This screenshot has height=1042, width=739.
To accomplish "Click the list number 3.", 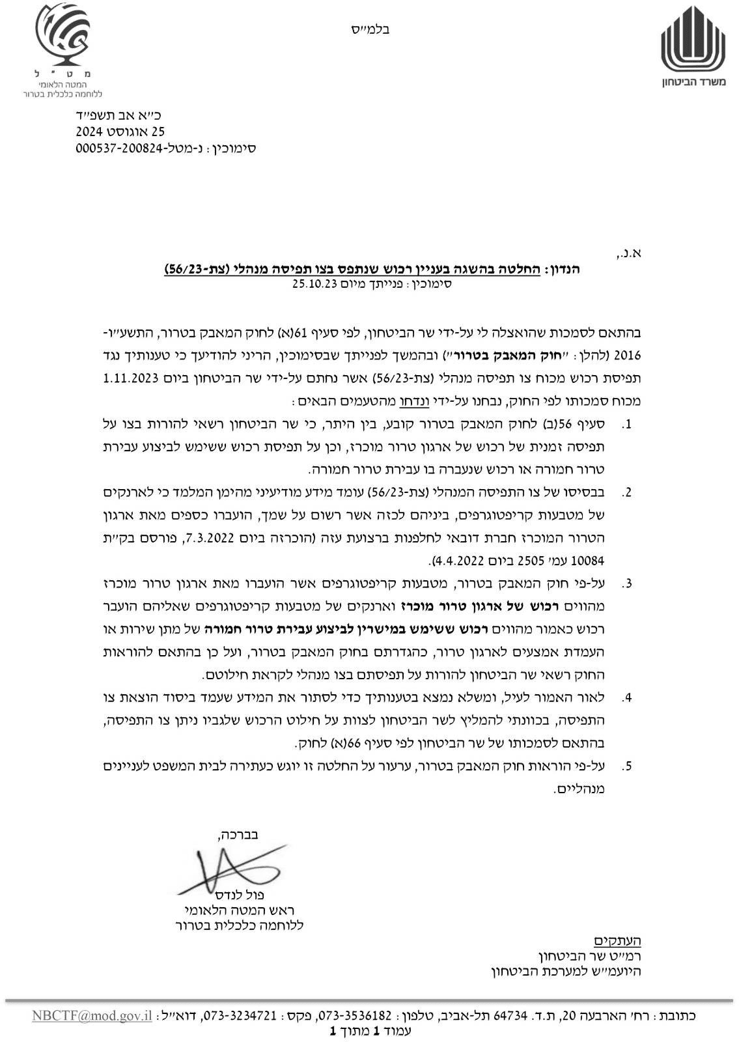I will coord(627,584).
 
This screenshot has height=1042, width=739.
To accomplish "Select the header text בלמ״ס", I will coord(374,29).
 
